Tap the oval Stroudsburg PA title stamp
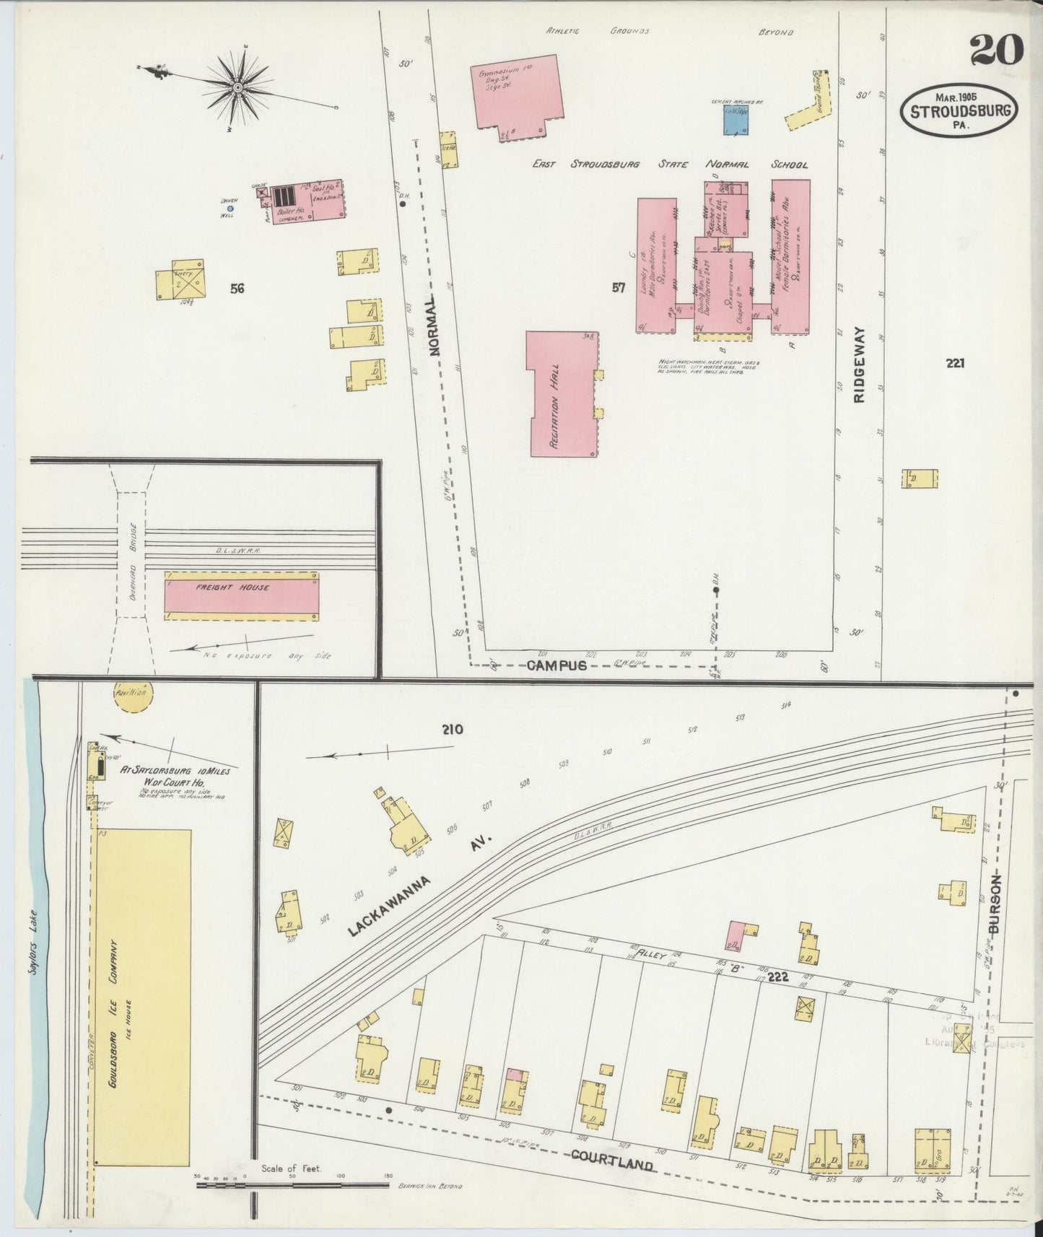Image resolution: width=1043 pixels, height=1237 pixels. click(x=959, y=110)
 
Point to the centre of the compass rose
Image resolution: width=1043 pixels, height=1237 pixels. click(x=237, y=88)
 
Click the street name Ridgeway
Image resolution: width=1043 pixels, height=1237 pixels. click(x=859, y=368)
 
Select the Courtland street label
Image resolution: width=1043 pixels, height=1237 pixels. click(x=612, y=1160)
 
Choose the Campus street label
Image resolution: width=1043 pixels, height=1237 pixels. click(x=556, y=665)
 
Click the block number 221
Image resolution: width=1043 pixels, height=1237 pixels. click(x=956, y=363)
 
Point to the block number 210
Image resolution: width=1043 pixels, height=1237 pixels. click(x=453, y=729)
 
